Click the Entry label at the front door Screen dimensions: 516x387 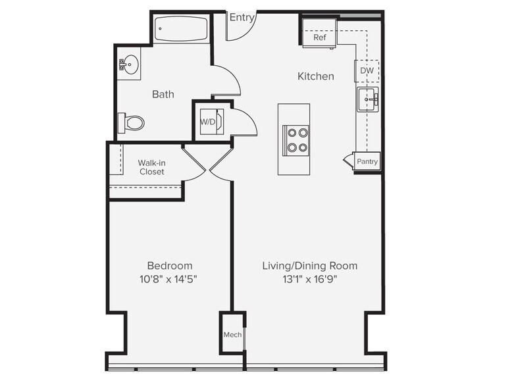[x=242, y=17]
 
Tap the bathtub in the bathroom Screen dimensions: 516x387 [x=181, y=29]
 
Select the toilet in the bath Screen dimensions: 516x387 [x=131, y=123]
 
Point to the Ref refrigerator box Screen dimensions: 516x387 [x=319, y=33]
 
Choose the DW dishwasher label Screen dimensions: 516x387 [x=367, y=70]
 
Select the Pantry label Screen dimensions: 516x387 [x=367, y=162]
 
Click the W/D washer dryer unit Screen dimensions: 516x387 [x=212, y=121]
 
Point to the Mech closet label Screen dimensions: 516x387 [x=233, y=334]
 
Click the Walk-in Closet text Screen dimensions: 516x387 [x=151, y=167]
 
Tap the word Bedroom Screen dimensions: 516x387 [x=170, y=266]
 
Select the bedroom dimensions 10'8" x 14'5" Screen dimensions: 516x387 [x=168, y=279]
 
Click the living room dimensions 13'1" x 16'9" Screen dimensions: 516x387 [x=310, y=279]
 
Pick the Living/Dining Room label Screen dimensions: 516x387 [x=309, y=266]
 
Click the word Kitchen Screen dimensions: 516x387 [x=316, y=76]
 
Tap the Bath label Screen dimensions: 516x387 [x=163, y=95]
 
